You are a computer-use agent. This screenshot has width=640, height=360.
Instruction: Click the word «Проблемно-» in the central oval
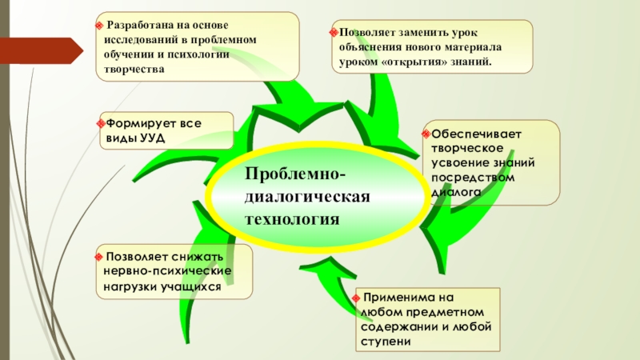coord(296,175)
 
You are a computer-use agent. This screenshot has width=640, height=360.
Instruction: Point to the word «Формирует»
coord(131,124)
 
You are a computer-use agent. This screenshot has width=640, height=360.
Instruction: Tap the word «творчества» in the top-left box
coord(129,70)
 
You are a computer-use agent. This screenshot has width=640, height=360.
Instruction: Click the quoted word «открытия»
coord(420,62)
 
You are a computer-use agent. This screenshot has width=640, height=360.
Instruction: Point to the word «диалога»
coord(456,192)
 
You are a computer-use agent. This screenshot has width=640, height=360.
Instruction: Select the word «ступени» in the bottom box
coord(386,342)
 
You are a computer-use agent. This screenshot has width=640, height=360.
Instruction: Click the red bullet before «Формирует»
coord(99,124)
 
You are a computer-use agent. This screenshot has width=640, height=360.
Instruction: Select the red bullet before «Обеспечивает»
coord(426,133)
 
